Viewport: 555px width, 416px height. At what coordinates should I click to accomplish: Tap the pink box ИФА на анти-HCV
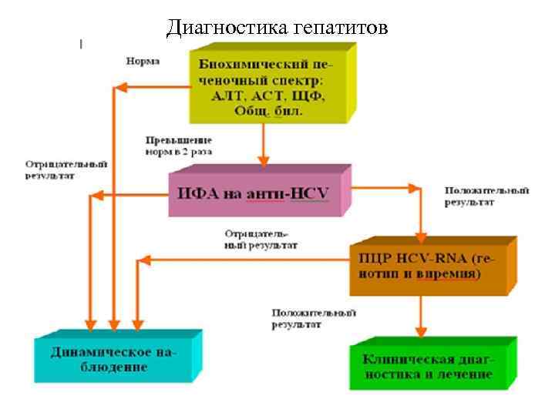pos(257,193)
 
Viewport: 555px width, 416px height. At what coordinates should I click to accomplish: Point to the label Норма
pos(143,61)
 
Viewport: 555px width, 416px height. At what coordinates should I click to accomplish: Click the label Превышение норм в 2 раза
pos(179,146)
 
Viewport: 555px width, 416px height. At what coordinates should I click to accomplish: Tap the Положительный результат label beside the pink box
pos(486,196)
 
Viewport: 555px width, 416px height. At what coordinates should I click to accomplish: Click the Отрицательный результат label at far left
pos(66,170)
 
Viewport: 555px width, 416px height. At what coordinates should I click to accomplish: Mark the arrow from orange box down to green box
pos(421,316)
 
